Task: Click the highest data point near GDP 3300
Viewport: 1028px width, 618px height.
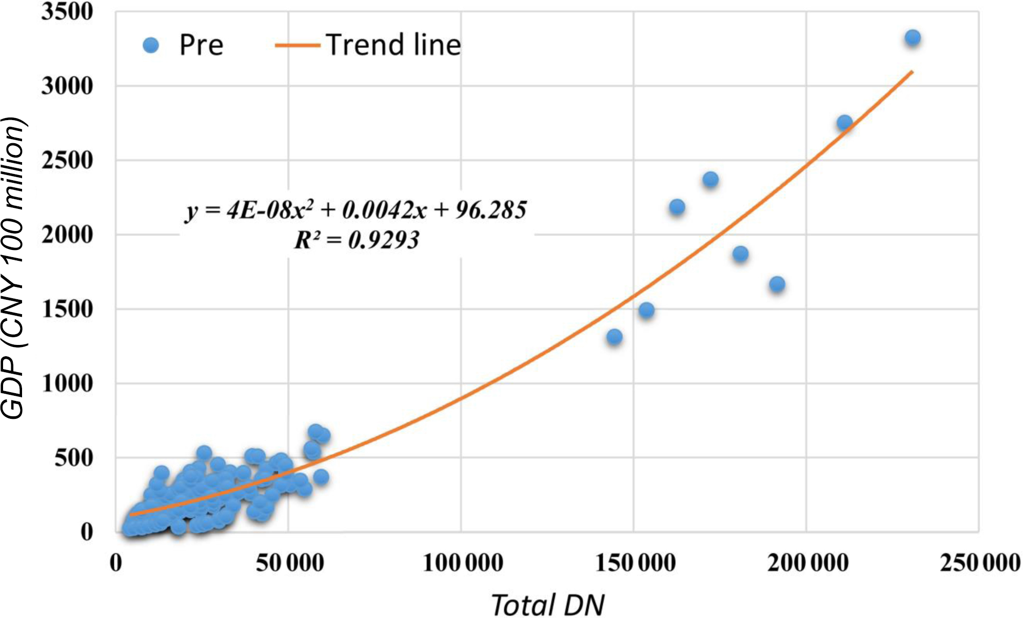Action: click(x=913, y=38)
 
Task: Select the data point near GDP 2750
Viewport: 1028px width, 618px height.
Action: click(x=845, y=123)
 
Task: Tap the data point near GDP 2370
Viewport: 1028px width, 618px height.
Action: click(x=710, y=180)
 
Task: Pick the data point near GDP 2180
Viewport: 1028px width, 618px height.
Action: click(x=677, y=207)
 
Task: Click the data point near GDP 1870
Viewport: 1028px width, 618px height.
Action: click(x=740, y=254)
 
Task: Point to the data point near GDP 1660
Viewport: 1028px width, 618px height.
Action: click(x=777, y=284)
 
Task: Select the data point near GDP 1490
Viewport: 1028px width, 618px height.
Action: click(x=646, y=310)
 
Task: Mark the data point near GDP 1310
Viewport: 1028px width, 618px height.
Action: click(x=615, y=337)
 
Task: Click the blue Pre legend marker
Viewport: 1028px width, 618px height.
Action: click(x=151, y=45)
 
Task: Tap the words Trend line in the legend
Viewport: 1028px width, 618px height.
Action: click(x=393, y=45)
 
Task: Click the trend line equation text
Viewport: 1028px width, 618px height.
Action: click(x=356, y=210)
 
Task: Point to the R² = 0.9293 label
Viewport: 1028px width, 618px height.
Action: click(x=357, y=240)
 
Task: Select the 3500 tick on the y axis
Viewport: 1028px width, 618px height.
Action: click(x=67, y=12)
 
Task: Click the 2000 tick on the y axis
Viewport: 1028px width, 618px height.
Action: click(x=67, y=235)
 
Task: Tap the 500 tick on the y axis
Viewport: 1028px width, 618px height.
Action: click(x=74, y=458)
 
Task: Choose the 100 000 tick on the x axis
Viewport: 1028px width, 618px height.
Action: click(x=463, y=563)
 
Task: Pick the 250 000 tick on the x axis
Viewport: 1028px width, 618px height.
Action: click(x=980, y=563)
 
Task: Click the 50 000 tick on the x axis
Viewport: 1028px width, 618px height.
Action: click(x=290, y=563)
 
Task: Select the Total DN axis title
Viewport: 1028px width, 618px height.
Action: click(x=548, y=604)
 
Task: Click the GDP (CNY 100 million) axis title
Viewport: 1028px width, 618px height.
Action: click(x=13, y=268)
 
